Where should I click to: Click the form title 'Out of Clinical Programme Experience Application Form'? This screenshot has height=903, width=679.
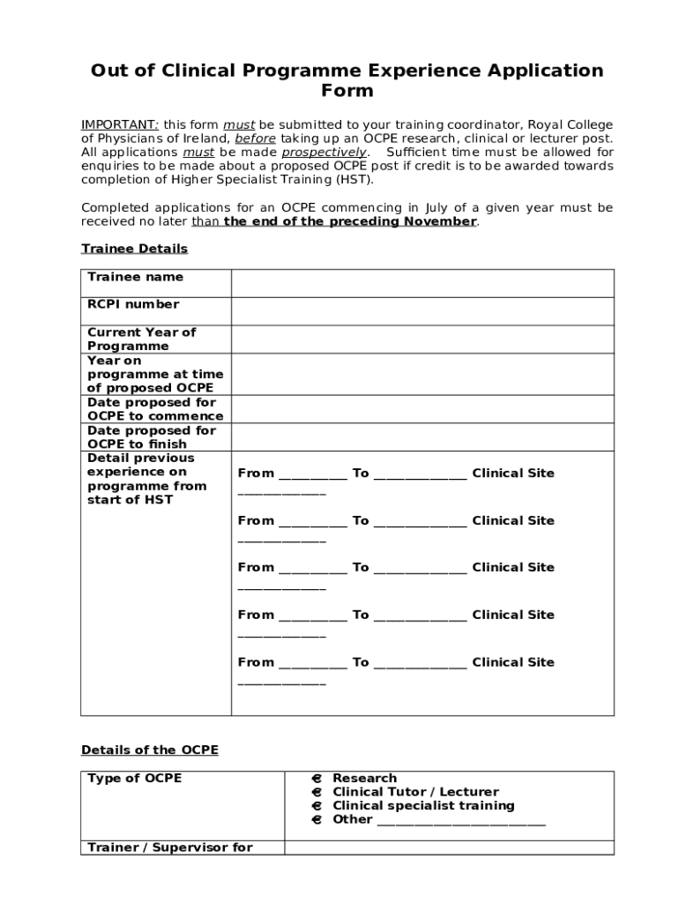pyautogui.click(x=347, y=80)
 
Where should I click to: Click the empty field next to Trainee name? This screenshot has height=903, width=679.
pyautogui.click(x=422, y=283)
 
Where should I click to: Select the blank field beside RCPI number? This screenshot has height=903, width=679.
pyautogui.click(x=422, y=311)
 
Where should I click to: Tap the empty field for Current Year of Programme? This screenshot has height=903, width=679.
pyautogui.click(x=422, y=340)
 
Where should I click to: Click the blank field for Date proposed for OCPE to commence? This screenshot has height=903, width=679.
pyautogui.click(x=422, y=409)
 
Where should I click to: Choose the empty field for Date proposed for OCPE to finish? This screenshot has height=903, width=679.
pyautogui.click(x=422, y=437)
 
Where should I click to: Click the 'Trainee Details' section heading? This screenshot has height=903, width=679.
pyautogui.click(x=134, y=250)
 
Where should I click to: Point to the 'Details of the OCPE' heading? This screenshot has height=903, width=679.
pyautogui.click(x=149, y=750)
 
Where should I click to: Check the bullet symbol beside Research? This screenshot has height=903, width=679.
pyautogui.click(x=316, y=779)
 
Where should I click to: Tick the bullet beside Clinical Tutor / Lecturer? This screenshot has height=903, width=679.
pyautogui.click(x=316, y=792)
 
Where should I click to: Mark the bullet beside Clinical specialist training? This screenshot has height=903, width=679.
pyautogui.click(x=316, y=806)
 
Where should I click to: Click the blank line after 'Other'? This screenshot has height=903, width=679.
pyautogui.click(x=460, y=821)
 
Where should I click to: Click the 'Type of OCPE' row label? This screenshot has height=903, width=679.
pyautogui.click(x=134, y=779)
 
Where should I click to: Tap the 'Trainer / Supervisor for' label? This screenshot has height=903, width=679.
pyautogui.click(x=169, y=847)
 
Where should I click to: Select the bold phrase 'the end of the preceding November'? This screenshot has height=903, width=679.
pyautogui.click(x=350, y=221)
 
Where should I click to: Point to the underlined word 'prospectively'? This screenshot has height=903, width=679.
pyautogui.click(x=323, y=153)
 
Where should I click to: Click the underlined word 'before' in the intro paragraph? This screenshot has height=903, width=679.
pyautogui.click(x=255, y=139)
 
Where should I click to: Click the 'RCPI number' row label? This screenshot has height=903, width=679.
pyautogui.click(x=132, y=304)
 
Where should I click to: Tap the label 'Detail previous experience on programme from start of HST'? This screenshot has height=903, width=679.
pyautogui.click(x=146, y=479)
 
